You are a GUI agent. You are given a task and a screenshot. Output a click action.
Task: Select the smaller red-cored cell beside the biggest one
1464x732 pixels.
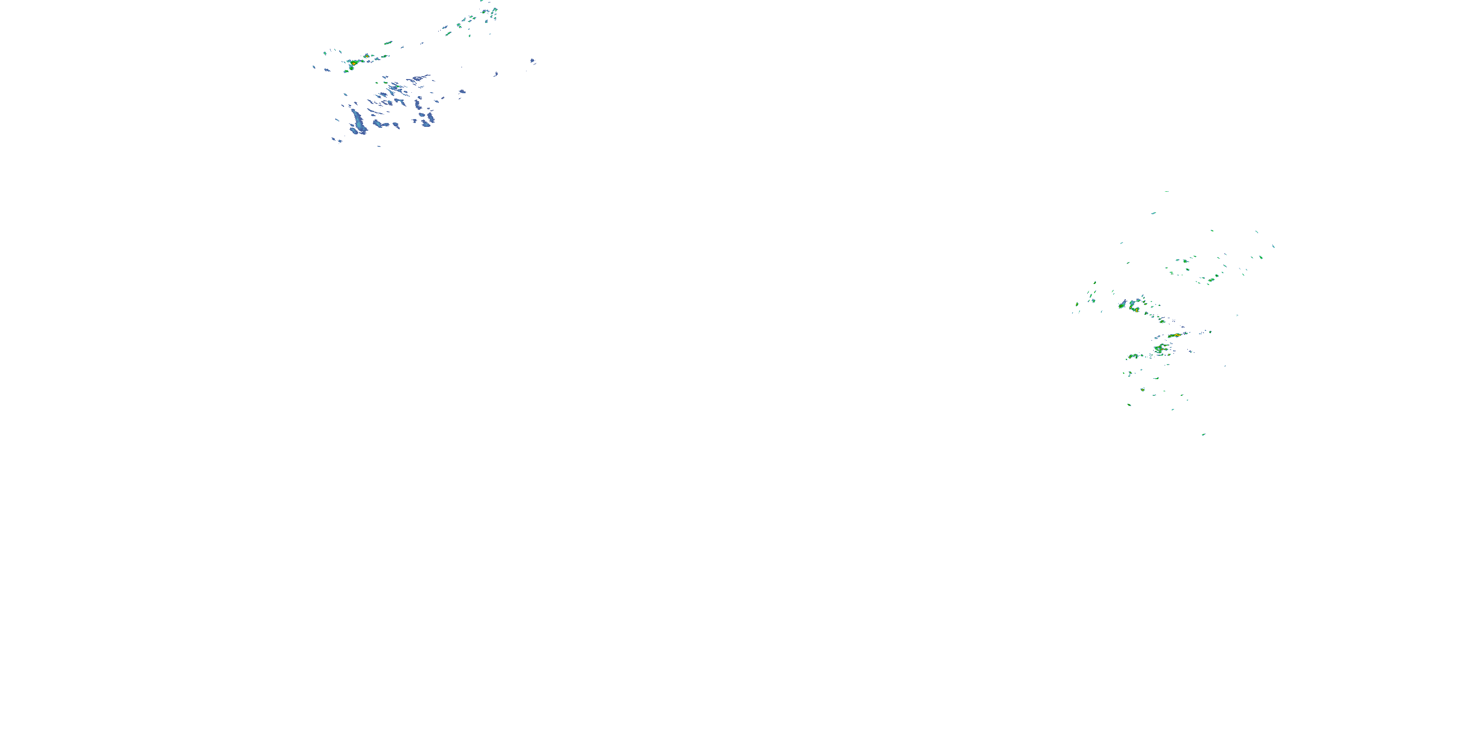[366, 56]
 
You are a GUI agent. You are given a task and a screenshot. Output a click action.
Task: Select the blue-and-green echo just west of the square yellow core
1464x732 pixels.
[1122, 305]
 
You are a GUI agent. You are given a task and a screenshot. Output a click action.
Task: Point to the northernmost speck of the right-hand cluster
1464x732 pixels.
[1167, 191]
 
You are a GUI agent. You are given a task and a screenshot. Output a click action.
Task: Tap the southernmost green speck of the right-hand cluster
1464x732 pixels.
[1204, 435]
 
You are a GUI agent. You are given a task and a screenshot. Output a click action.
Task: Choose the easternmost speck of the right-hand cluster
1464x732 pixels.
[1273, 246]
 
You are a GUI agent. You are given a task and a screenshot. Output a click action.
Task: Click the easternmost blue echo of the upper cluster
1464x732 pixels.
[532, 61]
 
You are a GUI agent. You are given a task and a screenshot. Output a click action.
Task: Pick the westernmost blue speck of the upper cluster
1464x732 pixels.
[314, 67]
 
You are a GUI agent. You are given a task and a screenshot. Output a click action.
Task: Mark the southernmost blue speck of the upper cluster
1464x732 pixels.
[379, 146]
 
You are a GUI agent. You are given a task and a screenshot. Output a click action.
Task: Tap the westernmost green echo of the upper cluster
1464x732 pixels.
[325, 53]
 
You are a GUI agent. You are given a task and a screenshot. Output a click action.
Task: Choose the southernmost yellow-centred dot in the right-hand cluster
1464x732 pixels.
[1143, 390]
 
